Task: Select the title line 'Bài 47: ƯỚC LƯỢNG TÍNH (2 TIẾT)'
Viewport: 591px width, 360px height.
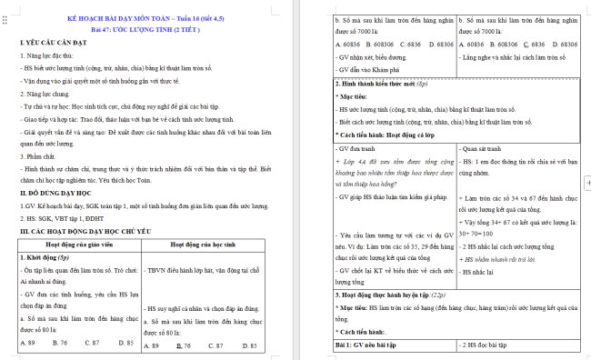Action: click(x=148, y=29)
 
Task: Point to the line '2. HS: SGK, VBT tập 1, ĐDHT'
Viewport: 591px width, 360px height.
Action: click(x=62, y=218)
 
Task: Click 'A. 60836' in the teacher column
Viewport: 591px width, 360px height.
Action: click(x=346, y=43)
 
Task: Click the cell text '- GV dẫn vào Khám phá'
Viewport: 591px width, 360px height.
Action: click(x=370, y=68)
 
